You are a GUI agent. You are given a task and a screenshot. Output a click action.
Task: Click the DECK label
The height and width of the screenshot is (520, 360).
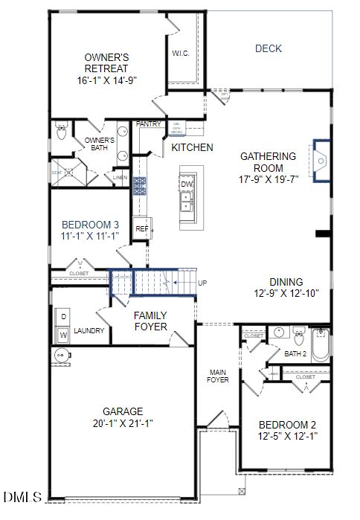pyautogui.click(x=269, y=48)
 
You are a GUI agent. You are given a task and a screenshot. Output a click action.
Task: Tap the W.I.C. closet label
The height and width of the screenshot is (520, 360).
pyautogui.click(x=180, y=53)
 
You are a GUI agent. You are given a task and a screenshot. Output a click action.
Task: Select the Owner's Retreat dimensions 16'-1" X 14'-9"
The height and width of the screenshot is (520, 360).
pyautogui.click(x=108, y=80)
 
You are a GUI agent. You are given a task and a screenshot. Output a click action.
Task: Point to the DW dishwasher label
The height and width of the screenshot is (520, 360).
pyautogui.click(x=187, y=184)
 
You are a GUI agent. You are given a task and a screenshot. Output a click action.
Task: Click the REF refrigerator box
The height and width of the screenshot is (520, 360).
pyautogui.click(x=141, y=228)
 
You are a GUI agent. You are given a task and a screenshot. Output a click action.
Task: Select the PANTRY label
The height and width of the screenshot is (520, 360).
pyautogui.click(x=149, y=124)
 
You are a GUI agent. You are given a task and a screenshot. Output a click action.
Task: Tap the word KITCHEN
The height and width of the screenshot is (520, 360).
pyautogui.click(x=192, y=147)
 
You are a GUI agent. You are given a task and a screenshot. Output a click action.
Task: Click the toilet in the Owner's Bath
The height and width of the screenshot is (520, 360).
pyautogui.click(x=62, y=134)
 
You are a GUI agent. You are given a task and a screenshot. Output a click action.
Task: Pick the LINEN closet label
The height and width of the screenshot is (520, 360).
pyautogui.click(x=120, y=178)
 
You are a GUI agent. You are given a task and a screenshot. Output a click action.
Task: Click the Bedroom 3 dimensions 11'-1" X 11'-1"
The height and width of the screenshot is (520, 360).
pyautogui.click(x=90, y=236)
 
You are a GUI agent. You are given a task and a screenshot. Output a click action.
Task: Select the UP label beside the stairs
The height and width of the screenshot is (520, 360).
pyautogui.click(x=202, y=283)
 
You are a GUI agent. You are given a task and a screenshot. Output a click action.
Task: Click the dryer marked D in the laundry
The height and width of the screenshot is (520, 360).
pyautogui.click(x=63, y=317)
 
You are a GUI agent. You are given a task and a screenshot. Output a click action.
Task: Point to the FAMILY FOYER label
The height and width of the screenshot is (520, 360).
pyautogui.click(x=150, y=321)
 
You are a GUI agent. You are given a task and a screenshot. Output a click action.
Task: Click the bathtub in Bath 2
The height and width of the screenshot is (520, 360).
pyautogui.click(x=319, y=345)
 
